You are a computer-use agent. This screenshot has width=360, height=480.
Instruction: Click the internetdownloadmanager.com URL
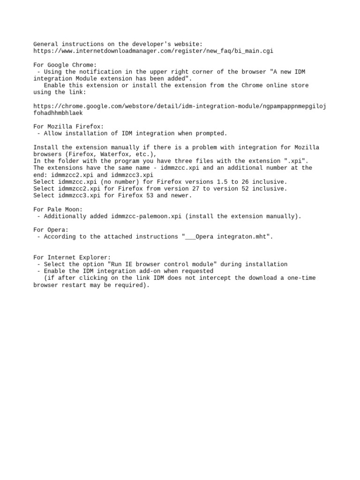(x=153, y=51)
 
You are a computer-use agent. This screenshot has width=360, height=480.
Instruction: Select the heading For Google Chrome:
(x=65, y=65)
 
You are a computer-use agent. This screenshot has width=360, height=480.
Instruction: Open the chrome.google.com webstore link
(x=180, y=106)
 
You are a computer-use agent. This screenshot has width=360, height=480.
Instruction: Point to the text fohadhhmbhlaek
(x=58, y=113)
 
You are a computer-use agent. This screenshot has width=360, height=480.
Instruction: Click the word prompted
(x=212, y=134)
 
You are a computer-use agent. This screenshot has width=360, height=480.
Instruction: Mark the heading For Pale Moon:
(x=58, y=209)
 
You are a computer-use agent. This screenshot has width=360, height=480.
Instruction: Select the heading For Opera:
(x=51, y=230)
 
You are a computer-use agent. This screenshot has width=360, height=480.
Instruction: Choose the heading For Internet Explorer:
(x=72, y=257)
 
